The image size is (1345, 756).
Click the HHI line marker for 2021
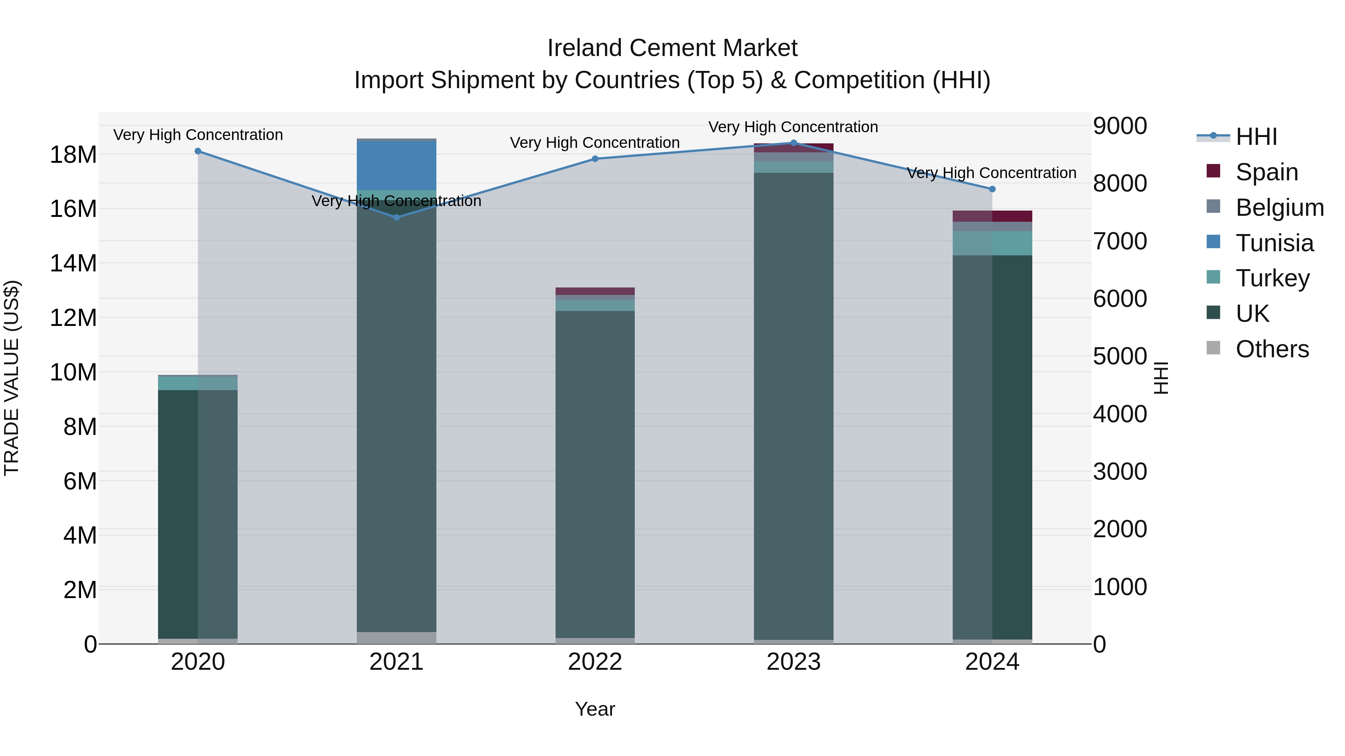point(396,217)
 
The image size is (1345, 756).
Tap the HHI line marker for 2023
point(794,143)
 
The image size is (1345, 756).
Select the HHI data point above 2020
point(198,151)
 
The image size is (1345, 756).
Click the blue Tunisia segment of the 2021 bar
point(396,165)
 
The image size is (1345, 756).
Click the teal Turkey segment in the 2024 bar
point(992,243)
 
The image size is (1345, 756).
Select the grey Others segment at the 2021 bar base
point(396,638)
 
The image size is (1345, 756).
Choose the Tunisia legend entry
point(1274,243)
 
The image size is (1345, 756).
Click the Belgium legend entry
point(1279,208)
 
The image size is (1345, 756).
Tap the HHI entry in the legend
point(1256,137)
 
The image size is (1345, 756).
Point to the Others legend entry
point(1272,349)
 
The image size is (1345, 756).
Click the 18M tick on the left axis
point(73,155)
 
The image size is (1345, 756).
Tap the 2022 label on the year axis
point(595,662)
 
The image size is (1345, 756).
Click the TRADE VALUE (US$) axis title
point(12,378)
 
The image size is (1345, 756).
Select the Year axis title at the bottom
point(595,709)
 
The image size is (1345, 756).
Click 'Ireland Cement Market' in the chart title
point(672,48)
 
